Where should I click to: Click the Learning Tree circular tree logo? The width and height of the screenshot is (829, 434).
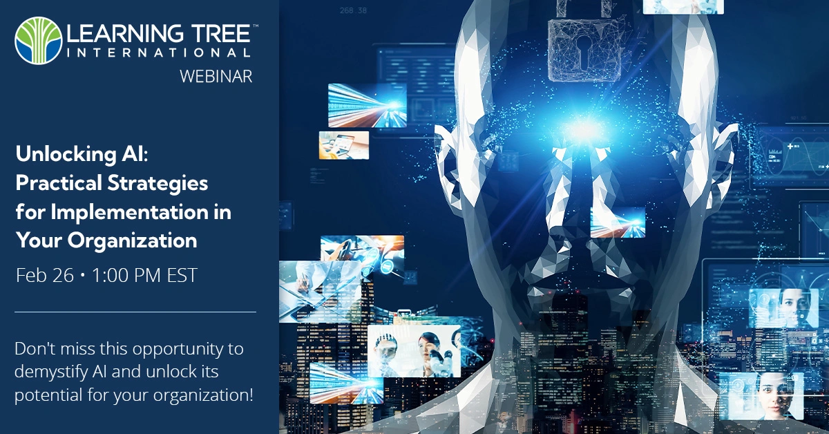(38, 40)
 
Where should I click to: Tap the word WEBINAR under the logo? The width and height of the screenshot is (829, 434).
(216, 76)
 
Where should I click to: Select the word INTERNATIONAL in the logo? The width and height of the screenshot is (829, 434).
(159, 53)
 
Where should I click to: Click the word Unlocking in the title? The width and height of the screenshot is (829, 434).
(66, 154)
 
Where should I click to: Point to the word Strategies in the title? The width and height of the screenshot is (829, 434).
(158, 184)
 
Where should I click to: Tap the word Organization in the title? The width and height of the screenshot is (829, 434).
(132, 241)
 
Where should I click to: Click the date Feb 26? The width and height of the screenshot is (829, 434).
(45, 276)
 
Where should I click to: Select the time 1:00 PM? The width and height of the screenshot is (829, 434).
(126, 276)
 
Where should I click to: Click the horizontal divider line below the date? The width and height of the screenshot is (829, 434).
(135, 312)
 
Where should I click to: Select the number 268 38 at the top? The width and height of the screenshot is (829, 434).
(353, 10)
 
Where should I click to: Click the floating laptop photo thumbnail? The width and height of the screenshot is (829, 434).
(344, 145)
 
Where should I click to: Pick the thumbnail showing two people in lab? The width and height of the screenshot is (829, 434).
(414, 350)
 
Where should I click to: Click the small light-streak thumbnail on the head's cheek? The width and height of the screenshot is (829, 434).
(618, 223)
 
